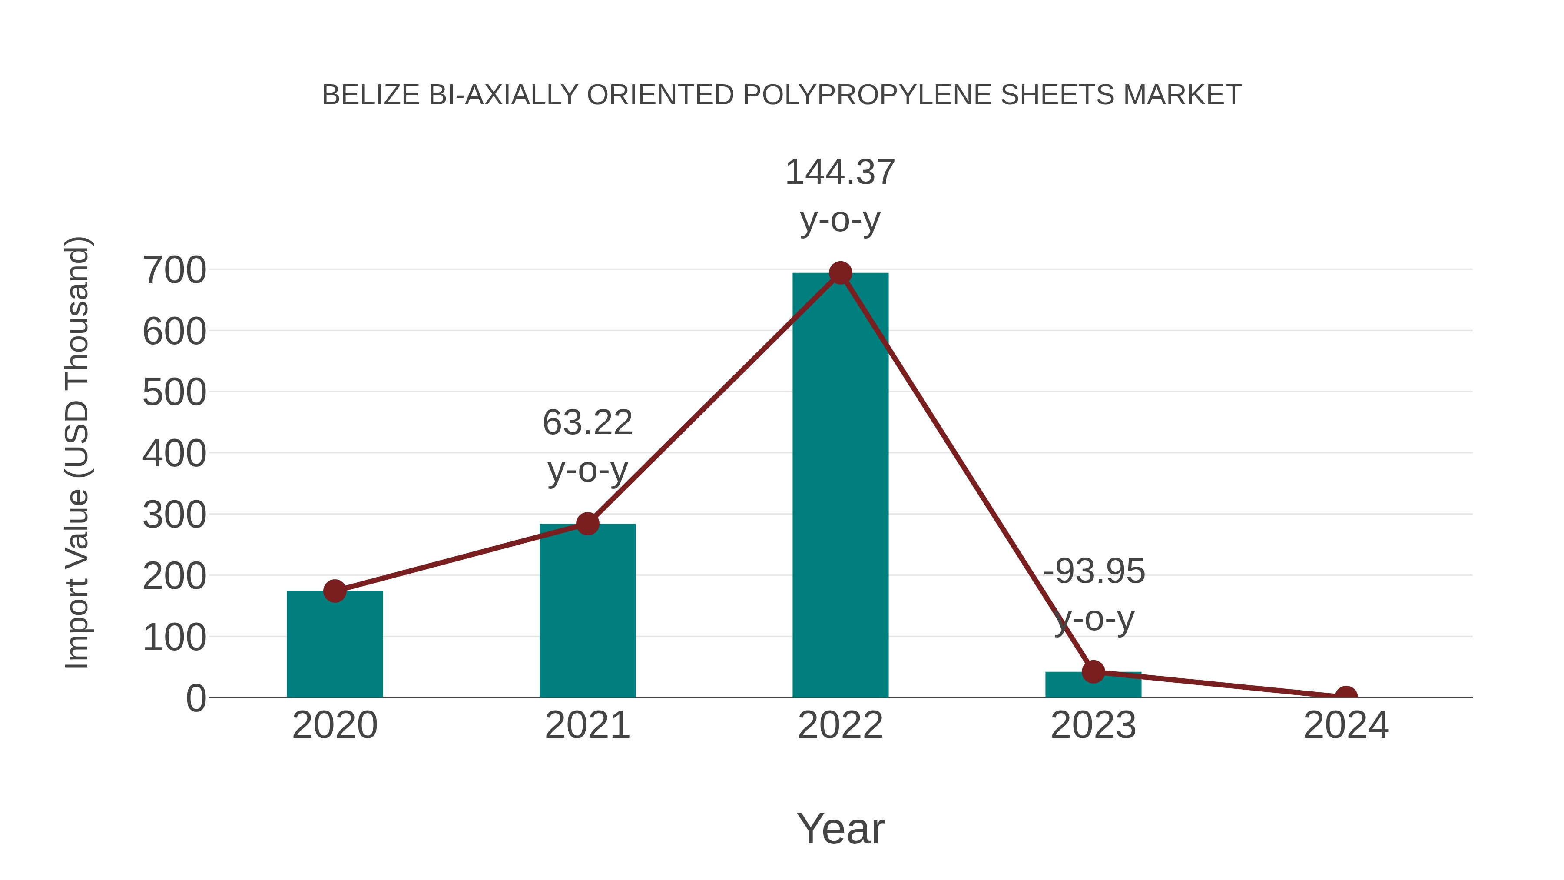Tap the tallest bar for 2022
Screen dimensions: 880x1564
coord(840,486)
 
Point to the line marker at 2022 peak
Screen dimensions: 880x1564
coord(840,273)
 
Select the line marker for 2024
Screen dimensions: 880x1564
coord(1346,696)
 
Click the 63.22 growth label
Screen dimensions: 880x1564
coord(587,423)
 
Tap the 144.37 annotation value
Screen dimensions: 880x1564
coord(840,173)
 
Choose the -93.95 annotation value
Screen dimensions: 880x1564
coord(1094,571)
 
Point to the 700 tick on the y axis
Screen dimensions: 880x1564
coord(174,270)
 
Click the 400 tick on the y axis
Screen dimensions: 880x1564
coord(174,454)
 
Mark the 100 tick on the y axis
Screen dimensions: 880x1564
coord(174,638)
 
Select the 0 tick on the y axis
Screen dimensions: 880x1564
coord(195,698)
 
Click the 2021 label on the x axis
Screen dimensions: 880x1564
coord(587,725)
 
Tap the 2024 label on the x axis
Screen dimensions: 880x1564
coord(1346,725)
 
